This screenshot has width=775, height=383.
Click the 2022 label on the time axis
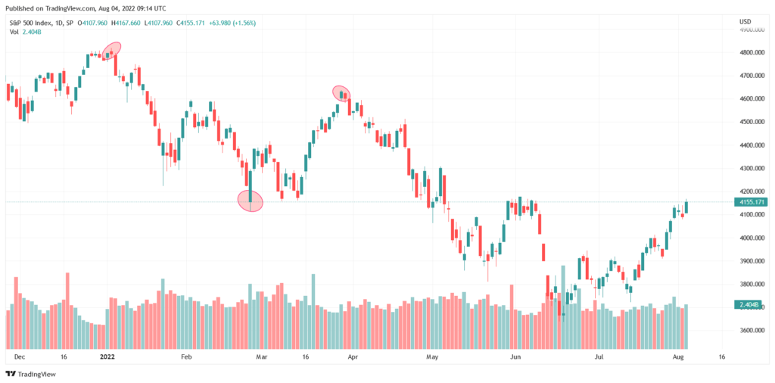[107, 356]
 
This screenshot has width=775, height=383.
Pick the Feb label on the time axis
[186, 356]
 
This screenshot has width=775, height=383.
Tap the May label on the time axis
[432, 356]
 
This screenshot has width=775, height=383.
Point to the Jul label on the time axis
[599, 356]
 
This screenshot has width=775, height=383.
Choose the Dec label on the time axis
[18, 356]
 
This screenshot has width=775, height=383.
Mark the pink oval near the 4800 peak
[112, 51]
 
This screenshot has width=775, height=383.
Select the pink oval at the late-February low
[250, 201]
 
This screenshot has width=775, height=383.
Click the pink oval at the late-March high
[341, 94]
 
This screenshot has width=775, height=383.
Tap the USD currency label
[745, 21]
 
